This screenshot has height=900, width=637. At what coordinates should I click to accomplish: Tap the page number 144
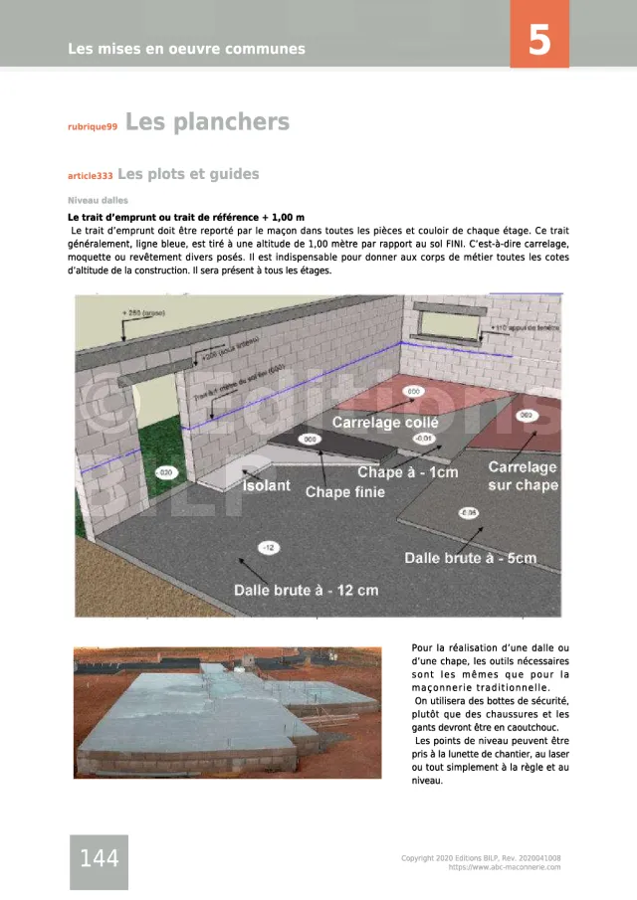99,859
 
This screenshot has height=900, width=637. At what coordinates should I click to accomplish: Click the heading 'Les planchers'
207,122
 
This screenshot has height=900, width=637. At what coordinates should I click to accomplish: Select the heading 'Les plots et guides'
188,174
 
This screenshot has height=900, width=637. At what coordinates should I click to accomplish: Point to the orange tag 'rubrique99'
93,127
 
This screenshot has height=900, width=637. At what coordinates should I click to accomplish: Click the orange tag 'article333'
90,177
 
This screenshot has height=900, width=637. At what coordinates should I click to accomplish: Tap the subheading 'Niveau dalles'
98,200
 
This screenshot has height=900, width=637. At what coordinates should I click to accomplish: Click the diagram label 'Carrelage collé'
385,422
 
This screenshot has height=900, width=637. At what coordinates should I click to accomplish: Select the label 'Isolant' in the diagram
267,485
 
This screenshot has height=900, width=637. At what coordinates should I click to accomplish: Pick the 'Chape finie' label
344,491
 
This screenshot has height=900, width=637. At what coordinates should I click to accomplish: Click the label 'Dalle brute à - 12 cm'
306,590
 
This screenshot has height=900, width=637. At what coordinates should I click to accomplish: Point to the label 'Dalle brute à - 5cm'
470,558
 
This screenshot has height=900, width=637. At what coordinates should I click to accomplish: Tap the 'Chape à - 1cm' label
408,472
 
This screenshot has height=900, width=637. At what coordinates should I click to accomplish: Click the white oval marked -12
269,548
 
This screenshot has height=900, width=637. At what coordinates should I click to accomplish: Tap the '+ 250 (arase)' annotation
144,313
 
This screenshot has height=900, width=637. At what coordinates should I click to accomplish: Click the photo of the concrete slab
227,712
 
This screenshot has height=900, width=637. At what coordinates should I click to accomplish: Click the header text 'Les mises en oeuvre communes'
186,49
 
